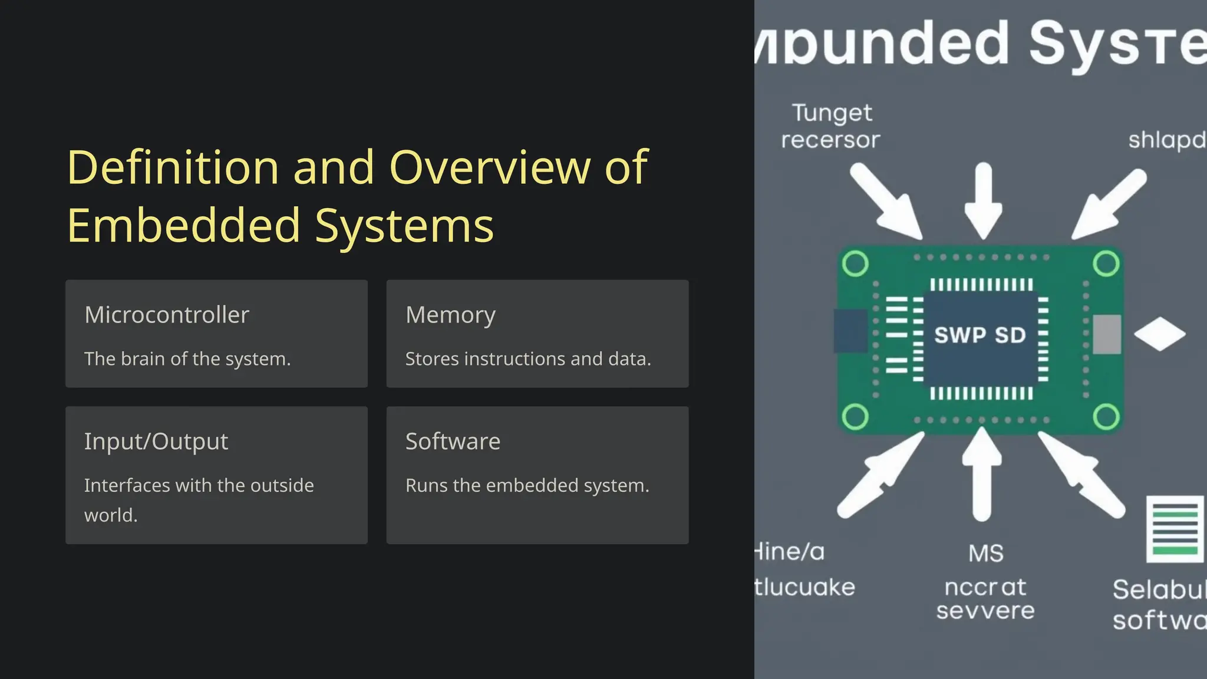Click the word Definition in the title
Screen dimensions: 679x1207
point(173,167)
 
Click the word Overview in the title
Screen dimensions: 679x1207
point(489,167)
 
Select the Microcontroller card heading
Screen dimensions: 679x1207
point(167,315)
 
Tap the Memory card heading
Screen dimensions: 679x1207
point(450,315)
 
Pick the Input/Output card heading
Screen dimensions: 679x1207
point(156,441)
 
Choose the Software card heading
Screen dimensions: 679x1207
point(453,441)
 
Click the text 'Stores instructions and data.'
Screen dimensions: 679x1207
point(528,359)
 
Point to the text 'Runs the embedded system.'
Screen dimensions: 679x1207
point(527,486)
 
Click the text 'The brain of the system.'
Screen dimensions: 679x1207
point(187,359)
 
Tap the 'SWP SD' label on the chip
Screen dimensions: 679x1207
point(980,335)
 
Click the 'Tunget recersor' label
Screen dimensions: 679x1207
point(830,126)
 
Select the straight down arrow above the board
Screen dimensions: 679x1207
point(983,200)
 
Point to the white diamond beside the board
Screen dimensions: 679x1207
point(1159,334)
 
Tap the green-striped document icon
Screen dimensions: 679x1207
point(1175,529)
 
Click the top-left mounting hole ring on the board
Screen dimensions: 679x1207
point(855,263)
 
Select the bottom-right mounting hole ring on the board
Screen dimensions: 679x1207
point(1106,417)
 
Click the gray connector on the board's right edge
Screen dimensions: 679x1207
point(1107,334)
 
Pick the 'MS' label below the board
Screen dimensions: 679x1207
point(986,553)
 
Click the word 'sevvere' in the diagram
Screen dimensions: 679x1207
point(985,611)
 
